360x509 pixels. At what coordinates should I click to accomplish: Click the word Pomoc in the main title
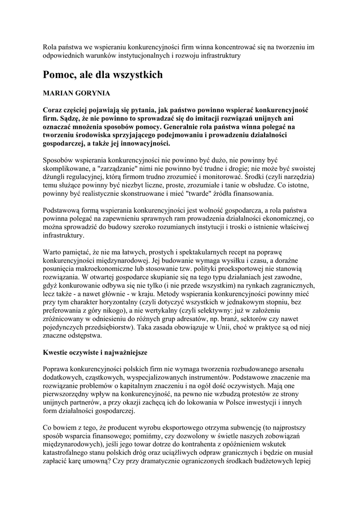pyautogui.click(x=58, y=75)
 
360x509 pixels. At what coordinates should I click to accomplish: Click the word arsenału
pyautogui.click(x=295, y=369)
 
